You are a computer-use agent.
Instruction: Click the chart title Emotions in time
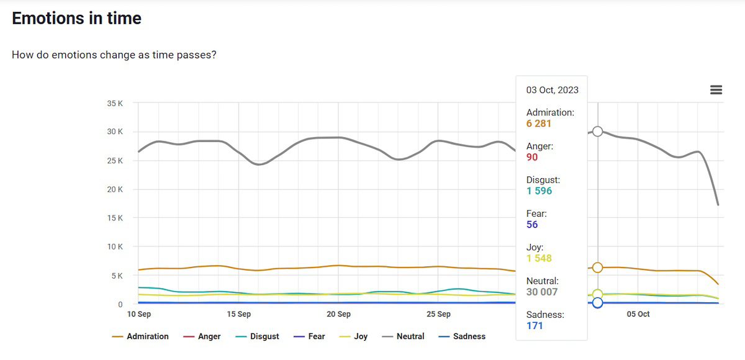point(76,19)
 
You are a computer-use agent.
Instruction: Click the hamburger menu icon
point(716,90)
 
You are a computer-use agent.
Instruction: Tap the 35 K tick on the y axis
point(115,103)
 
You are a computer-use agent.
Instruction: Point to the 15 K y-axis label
point(115,218)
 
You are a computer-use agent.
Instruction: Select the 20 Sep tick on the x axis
point(338,314)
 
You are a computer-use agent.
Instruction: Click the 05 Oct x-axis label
point(638,314)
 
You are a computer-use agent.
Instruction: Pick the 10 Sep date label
point(139,314)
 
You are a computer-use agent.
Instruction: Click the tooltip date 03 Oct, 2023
point(552,90)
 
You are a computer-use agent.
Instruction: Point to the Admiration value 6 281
point(539,124)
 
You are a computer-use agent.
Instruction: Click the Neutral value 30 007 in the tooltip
point(542,292)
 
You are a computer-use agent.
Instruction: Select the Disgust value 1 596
point(539,191)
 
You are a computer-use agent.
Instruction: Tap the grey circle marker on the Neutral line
point(597,131)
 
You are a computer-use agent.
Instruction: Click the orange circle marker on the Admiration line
point(597,268)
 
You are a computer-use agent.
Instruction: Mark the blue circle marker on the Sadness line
point(597,303)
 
